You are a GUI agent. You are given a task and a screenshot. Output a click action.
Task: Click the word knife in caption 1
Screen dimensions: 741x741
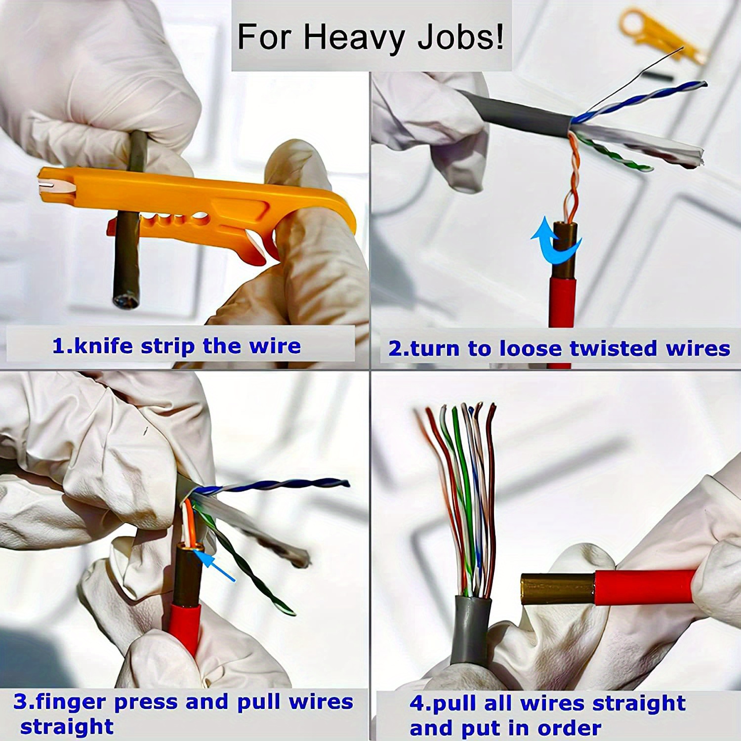point(104,346)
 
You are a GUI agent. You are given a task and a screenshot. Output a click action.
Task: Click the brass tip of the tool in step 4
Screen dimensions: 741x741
point(556,588)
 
